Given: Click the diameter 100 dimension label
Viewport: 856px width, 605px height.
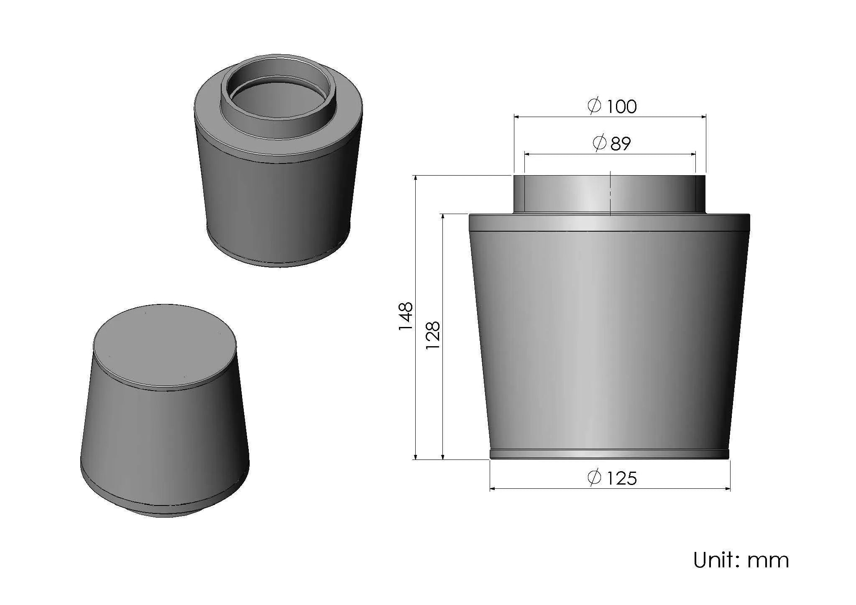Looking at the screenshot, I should tap(613, 106).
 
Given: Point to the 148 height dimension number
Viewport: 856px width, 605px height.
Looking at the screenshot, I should tap(406, 317).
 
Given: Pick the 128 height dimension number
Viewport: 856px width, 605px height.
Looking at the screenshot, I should tap(432, 336).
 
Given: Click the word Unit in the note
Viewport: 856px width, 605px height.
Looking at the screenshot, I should tap(713, 560).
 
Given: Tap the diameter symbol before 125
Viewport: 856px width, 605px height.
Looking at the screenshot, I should tap(594, 477).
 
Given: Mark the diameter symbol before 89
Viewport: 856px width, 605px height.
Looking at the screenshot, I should tap(600, 143).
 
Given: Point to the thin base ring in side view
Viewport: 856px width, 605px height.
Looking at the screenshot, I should tap(610, 454).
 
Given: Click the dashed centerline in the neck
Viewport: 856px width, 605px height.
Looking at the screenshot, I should tap(611, 194).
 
